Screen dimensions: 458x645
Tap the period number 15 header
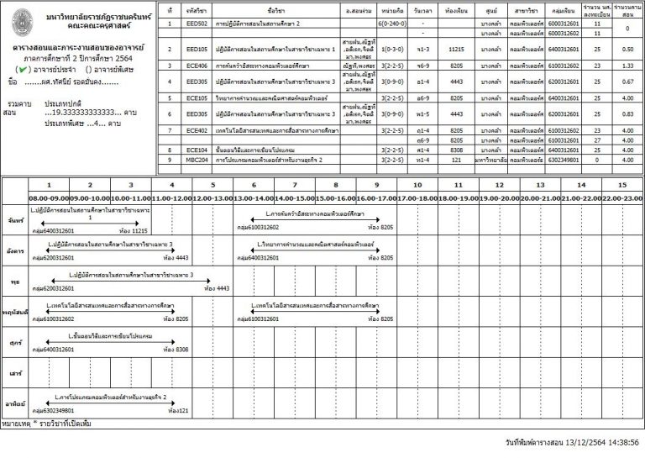[x=621, y=185]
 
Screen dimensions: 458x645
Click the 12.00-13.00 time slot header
[x=212, y=197]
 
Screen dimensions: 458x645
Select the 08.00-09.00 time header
[x=48, y=197]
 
